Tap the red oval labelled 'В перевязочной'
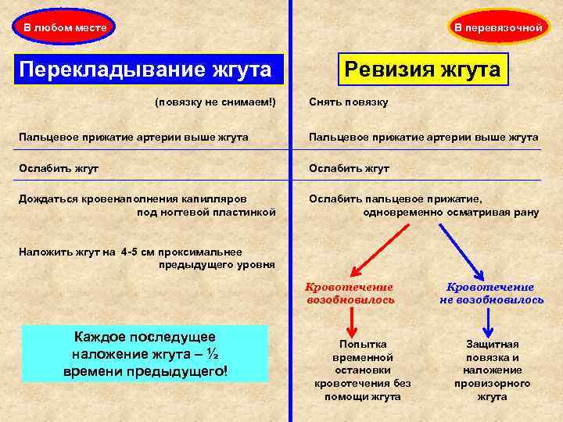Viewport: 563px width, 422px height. tap(500, 27)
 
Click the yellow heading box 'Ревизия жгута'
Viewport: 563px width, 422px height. tap(423, 70)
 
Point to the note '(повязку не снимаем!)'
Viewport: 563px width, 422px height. tap(215, 102)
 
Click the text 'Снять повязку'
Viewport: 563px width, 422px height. tap(348, 102)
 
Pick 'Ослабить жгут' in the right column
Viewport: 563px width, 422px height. tap(349, 168)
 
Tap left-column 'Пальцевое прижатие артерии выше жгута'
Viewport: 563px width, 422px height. tap(134, 137)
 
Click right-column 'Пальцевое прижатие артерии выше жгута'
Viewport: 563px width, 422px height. tap(423, 137)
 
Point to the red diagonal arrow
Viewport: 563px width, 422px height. tap(379, 249)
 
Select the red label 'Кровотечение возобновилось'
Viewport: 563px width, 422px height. tap(350, 293)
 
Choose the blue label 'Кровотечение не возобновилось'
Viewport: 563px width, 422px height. tap(491, 293)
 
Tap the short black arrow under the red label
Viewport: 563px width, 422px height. tap(350, 321)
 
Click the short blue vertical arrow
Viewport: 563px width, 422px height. tap(489, 321)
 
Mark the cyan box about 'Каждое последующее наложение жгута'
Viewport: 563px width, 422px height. tap(145, 354)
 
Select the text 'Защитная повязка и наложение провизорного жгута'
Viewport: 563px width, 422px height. tap(492, 370)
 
